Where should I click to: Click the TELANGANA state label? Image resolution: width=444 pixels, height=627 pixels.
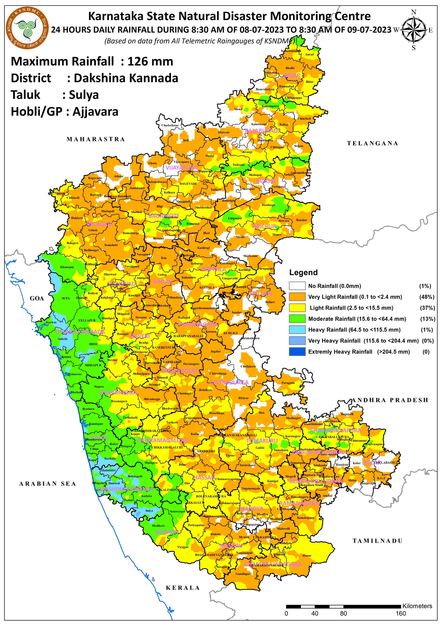click(372, 143)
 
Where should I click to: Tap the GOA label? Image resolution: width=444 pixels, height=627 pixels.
click(37, 298)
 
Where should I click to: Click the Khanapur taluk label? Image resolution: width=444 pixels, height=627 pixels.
click(67, 267)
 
